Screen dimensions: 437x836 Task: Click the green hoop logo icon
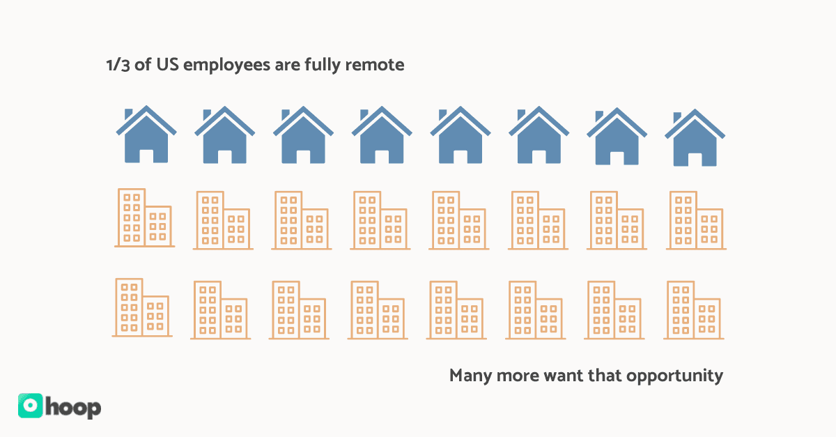[x=31, y=406]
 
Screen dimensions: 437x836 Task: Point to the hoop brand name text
[x=74, y=407]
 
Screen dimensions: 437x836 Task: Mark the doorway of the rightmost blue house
[x=695, y=159]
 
